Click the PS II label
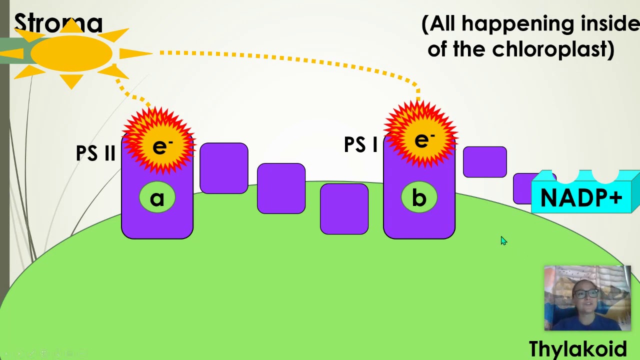click(x=95, y=153)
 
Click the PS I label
click(x=360, y=144)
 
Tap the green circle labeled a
click(x=157, y=198)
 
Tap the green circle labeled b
click(x=419, y=198)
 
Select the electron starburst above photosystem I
click(x=420, y=137)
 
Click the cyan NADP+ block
click(x=582, y=197)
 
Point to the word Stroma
click(x=58, y=23)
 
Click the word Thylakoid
click(x=577, y=348)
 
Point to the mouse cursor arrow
click(x=503, y=240)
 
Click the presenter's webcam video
click(x=587, y=298)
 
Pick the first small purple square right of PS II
click(x=223, y=168)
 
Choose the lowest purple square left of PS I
click(x=344, y=208)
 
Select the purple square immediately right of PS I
click(x=484, y=162)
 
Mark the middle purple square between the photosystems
click(x=281, y=188)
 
